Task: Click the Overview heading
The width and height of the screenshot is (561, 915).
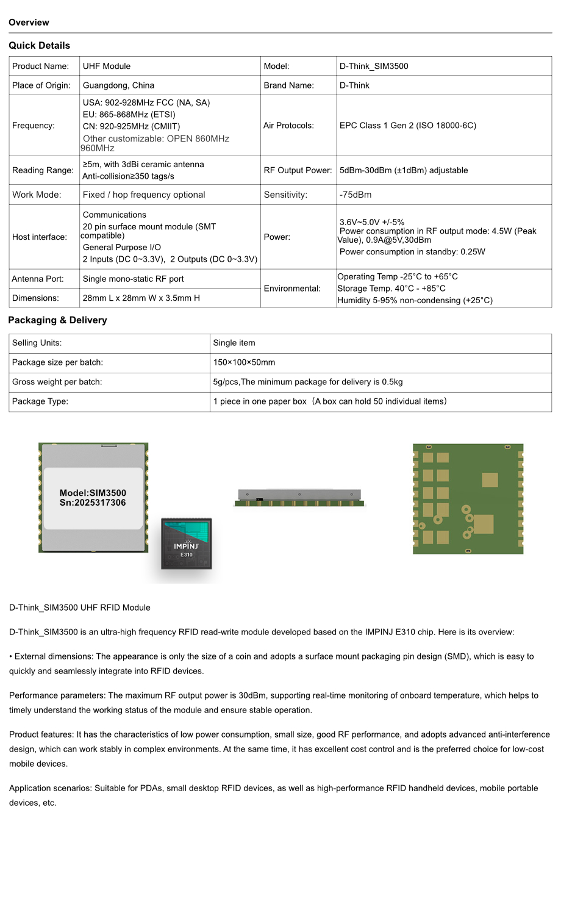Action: pos(29,23)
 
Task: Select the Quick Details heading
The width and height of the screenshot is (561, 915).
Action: pos(39,46)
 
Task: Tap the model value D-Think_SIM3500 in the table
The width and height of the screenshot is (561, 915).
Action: pos(374,66)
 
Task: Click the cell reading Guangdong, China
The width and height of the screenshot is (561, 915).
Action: pos(118,85)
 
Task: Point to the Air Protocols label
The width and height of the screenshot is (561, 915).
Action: pos(288,126)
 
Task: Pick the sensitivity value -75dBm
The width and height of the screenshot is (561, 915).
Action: pos(356,195)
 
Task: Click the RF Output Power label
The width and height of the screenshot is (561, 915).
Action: pos(298,170)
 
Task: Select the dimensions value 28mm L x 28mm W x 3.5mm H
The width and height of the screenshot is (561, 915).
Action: pos(141,298)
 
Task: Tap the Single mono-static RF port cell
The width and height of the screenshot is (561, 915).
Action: pos(133,279)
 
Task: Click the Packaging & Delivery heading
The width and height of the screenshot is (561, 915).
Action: pos(57,320)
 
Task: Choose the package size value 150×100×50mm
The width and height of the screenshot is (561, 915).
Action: pos(244,362)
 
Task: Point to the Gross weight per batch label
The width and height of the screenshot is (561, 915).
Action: pos(57,382)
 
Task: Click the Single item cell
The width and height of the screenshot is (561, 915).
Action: pos(234,343)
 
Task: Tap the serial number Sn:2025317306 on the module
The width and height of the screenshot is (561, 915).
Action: pos(93,503)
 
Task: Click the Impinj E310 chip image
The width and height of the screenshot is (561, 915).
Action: pos(187,544)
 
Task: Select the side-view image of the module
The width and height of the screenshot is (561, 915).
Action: pos(299,498)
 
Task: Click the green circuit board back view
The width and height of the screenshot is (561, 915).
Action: pos(468,499)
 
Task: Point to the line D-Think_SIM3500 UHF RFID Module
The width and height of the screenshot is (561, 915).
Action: pos(79,608)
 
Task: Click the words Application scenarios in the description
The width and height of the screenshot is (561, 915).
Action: pos(51,788)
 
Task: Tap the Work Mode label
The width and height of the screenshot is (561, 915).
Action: pos(37,195)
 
